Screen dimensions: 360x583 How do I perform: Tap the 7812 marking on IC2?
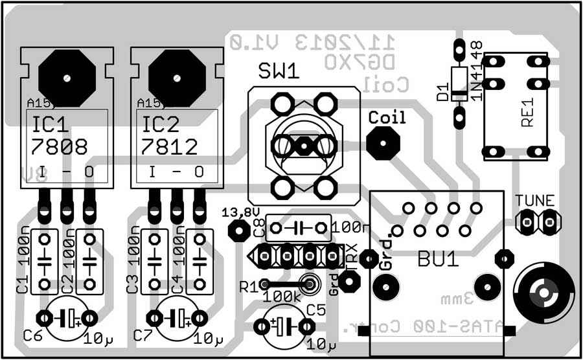170,147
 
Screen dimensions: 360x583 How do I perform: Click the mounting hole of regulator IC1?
67,77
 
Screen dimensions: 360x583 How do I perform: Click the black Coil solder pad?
382,142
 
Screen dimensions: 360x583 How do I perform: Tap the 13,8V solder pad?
240,229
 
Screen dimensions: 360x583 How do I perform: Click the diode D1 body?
459,84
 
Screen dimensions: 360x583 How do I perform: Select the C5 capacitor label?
315,310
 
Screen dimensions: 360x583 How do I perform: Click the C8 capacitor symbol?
300,228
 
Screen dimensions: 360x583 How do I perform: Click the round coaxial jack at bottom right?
543,295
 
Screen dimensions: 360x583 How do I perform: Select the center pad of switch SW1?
303,146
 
